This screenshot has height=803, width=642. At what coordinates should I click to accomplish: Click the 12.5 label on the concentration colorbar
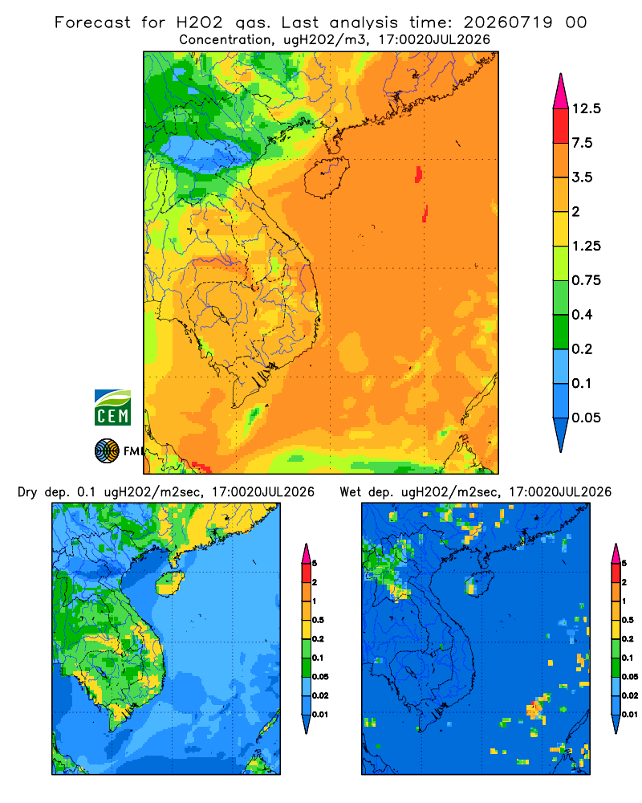click(586, 108)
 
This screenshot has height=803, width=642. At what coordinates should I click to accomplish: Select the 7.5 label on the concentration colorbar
click(582, 143)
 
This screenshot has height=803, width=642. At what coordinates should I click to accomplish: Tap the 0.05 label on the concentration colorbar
click(586, 418)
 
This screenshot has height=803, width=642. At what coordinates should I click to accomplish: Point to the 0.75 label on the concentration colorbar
click(586, 280)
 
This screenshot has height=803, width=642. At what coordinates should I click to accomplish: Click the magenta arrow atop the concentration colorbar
click(561, 92)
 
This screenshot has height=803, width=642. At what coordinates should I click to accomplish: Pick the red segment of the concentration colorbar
click(561, 126)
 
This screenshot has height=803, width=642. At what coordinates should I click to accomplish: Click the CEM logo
click(112, 408)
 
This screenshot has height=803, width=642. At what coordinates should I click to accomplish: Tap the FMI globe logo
click(107, 451)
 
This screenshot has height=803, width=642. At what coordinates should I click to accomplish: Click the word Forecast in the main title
click(92, 22)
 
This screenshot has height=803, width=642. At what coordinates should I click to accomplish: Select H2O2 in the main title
click(199, 22)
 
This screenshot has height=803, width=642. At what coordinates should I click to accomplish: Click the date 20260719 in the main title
click(508, 22)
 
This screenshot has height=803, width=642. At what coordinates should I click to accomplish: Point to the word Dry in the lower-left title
click(27, 493)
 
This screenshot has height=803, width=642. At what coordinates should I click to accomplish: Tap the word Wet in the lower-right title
click(351, 492)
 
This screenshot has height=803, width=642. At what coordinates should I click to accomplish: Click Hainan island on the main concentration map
click(326, 177)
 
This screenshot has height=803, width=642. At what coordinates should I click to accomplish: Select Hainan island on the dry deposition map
click(170, 583)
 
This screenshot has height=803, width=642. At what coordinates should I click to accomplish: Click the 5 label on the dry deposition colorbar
click(315, 564)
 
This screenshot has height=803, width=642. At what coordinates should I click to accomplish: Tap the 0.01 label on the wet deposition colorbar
click(630, 715)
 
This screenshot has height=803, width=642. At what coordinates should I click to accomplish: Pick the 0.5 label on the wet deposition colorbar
click(628, 620)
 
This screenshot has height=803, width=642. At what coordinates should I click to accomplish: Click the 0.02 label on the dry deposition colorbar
click(320, 695)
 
